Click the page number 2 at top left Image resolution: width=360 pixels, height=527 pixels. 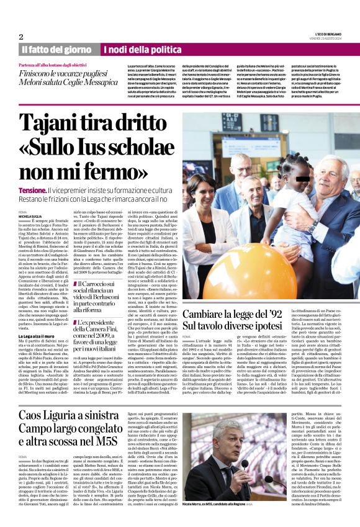coord(21,37)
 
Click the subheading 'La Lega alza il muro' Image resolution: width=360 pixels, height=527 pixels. coord(41,334)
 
